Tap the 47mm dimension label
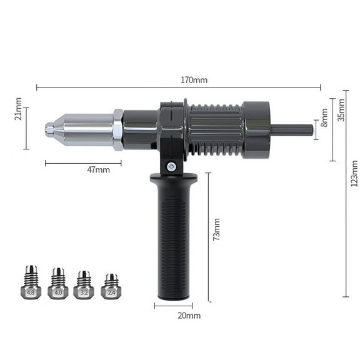(x=97, y=169)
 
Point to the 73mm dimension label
(x=216, y=229)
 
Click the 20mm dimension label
(x=189, y=316)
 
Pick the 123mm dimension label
(x=354, y=174)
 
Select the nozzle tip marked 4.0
(x=57, y=284)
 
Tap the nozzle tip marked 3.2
(x=84, y=285)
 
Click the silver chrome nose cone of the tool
(x=84, y=129)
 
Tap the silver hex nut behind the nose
(x=117, y=129)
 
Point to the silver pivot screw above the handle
(x=171, y=166)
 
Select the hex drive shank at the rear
(x=292, y=129)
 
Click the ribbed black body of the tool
(x=215, y=130)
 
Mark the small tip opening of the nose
(x=49, y=130)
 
